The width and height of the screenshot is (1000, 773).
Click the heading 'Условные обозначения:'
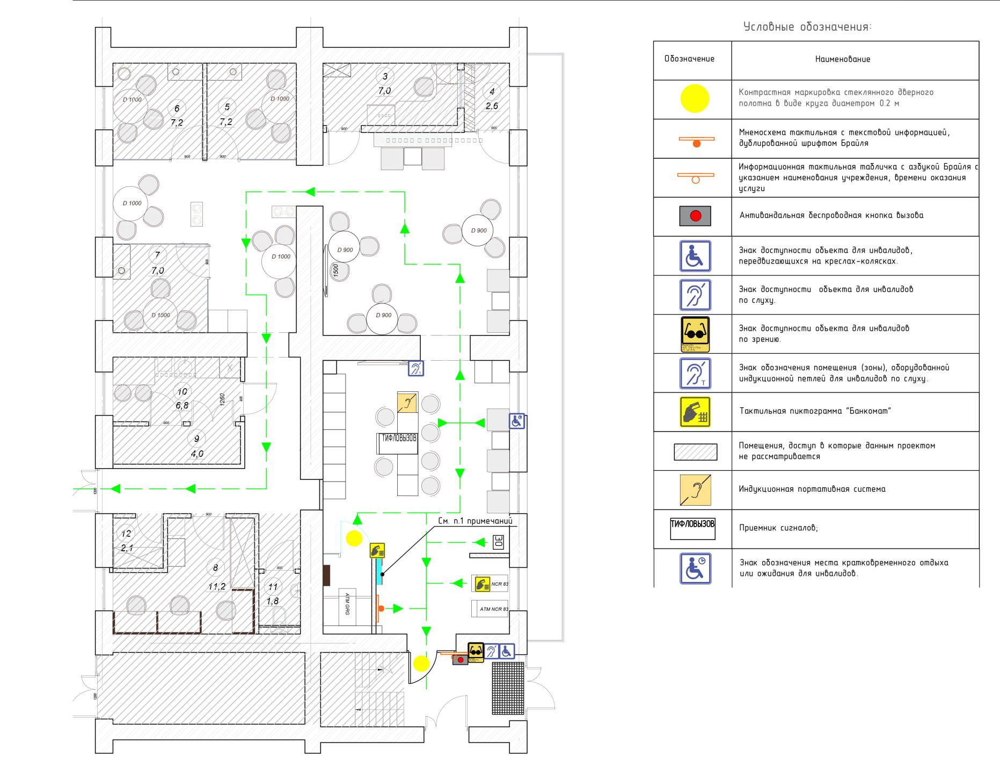(x=807, y=27)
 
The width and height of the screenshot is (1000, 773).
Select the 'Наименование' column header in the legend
(x=842, y=59)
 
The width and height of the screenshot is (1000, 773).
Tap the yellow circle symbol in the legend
(x=695, y=99)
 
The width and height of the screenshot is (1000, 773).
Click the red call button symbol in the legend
(x=696, y=216)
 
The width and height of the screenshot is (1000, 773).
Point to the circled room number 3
(x=385, y=76)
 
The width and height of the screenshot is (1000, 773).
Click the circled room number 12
(x=126, y=534)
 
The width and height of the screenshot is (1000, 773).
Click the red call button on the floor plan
(x=461, y=659)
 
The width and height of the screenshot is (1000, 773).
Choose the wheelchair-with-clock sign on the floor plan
(x=517, y=421)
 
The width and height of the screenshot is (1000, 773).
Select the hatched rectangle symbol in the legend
(x=695, y=452)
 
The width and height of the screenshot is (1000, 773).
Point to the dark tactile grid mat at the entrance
(x=508, y=688)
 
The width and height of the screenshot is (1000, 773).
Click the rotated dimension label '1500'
(x=335, y=269)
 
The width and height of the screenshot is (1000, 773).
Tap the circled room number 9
(x=196, y=439)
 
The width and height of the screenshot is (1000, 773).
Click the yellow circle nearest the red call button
(x=421, y=663)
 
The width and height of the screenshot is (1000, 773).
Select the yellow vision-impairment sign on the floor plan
(x=476, y=651)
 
